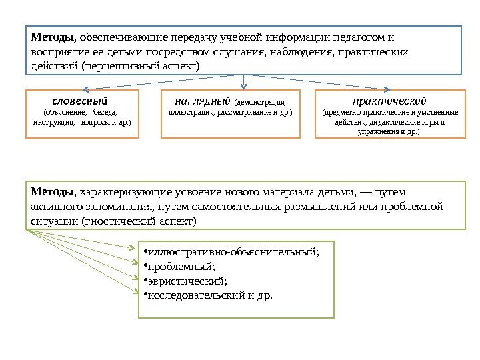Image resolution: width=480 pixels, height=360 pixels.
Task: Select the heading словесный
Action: point(83,101)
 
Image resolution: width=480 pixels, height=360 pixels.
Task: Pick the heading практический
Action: point(389,101)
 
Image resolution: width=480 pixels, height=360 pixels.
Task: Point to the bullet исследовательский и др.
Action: point(211,295)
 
